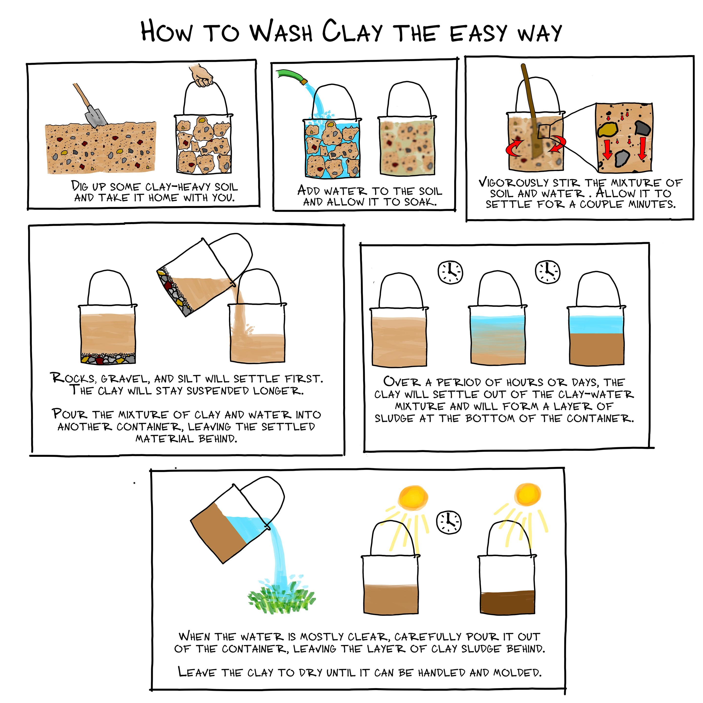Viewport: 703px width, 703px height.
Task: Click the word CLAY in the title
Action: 352,32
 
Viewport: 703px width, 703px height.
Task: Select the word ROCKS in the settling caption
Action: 73,378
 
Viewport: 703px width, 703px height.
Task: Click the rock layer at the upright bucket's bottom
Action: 108,358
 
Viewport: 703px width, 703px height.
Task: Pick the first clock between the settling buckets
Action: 450,271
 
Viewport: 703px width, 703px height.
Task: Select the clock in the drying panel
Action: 449,522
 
